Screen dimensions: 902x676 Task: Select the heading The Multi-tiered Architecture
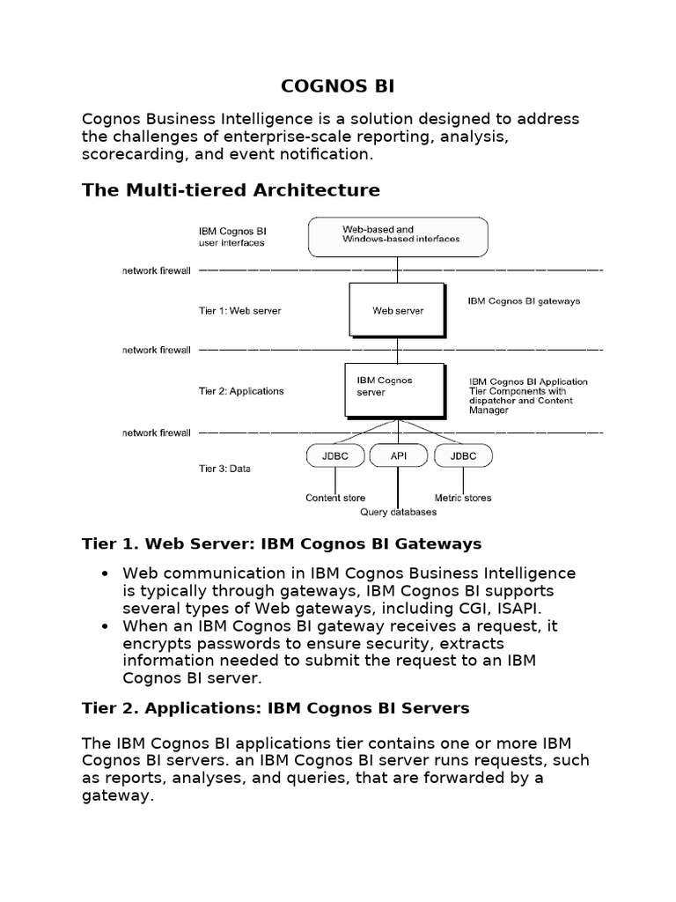click(x=231, y=190)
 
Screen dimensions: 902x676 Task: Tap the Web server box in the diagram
click(x=397, y=310)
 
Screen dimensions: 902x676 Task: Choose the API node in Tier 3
click(x=398, y=456)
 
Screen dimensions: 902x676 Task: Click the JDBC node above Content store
click(x=334, y=456)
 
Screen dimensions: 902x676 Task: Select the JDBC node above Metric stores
click(x=462, y=456)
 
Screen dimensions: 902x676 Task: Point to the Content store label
click(x=334, y=498)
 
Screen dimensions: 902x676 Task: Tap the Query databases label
click(x=398, y=512)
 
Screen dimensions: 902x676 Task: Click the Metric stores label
click(x=463, y=498)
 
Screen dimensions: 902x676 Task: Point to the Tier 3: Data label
click(x=224, y=469)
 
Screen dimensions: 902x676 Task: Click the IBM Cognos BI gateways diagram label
click(x=524, y=301)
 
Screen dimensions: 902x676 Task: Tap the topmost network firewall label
click(x=156, y=270)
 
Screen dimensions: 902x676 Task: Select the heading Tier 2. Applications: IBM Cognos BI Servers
click(x=276, y=708)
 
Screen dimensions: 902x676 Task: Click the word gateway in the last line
click(x=118, y=796)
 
